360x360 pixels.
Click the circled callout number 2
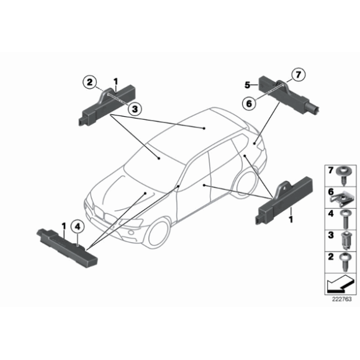tap(91, 81)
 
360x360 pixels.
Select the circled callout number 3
tap(132, 108)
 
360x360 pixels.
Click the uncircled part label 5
tap(247, 84)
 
